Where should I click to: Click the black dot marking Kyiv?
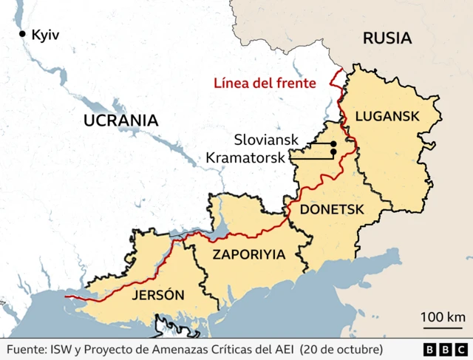click(23, 34)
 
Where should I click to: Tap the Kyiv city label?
click(46, 34)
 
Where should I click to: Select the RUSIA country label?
click(387, 38)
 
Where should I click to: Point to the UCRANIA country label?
click(120, 120)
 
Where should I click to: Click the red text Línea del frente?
click(265, 83)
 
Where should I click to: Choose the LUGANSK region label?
click(387, 115)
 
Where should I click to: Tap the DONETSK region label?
click(332, 209)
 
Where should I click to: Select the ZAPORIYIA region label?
click(248, 254)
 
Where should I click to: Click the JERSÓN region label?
click(157, 295)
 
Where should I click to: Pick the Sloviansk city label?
click(265, 139)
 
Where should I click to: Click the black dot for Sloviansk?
click(333, 143)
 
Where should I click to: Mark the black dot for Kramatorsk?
click(333, 152)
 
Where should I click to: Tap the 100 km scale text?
click(443, 317)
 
